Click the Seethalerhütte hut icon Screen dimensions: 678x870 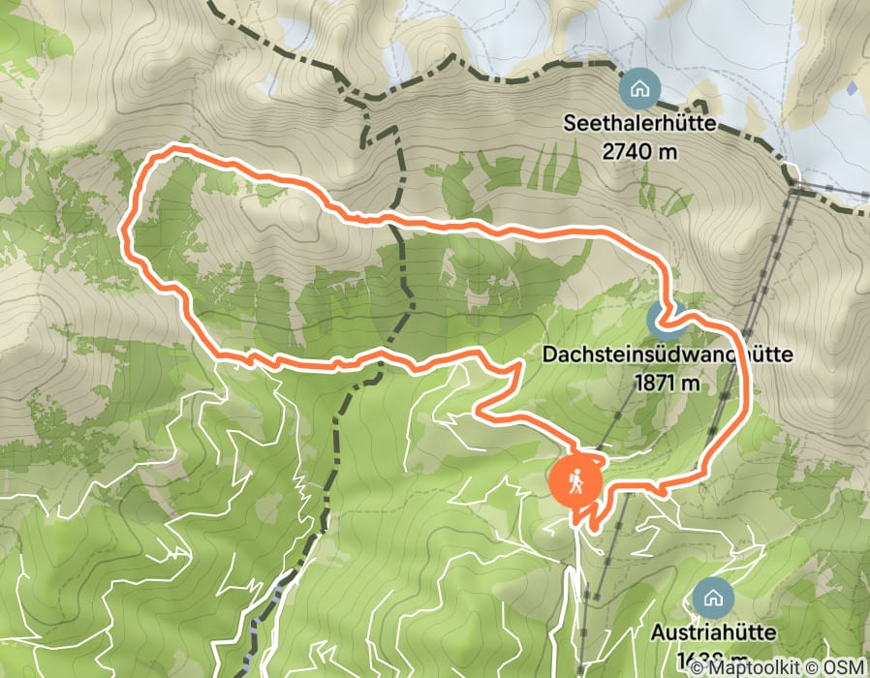[639, 89]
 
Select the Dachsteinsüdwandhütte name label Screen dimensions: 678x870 [668, 355]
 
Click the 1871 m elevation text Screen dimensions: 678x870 [668, 382]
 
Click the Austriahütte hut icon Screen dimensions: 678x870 [713, 597]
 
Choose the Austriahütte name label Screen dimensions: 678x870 [713, 633]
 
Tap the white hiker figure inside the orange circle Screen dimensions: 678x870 [576, 480]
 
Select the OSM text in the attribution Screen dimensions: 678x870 [844, 667]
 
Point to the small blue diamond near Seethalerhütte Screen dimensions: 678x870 [852, 88]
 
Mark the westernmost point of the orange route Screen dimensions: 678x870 [124, 231]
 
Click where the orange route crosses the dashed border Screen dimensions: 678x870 [399, 226]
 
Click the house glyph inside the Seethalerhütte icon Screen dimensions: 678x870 [639, 89]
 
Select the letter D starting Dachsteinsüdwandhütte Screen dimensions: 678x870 [549, 355]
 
